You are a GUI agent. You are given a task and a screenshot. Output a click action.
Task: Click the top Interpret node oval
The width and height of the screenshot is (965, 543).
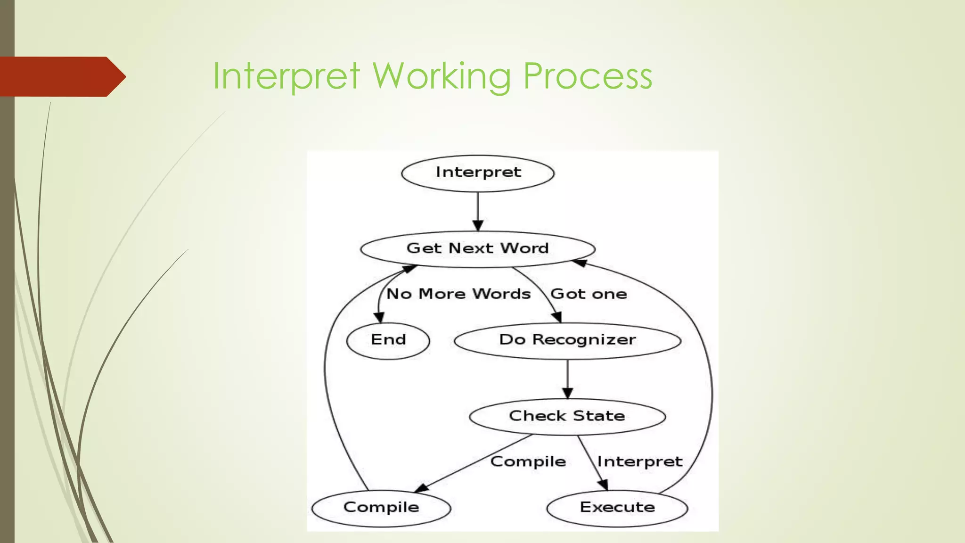[x=478, y=173]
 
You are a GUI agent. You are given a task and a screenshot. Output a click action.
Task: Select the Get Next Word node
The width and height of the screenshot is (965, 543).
[x=478, y=249]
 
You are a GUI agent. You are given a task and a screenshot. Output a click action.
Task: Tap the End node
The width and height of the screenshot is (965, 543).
[x=388, y=340]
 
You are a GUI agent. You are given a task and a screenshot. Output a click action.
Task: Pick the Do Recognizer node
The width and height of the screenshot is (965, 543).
[x=567, y=340]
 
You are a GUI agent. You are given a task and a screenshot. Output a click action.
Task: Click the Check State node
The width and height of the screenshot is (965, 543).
[x=567, y=416]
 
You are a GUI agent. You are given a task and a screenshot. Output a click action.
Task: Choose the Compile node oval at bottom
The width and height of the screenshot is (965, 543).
[x=381, y=508]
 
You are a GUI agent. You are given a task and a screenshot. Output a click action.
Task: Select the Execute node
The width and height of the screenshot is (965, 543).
[x=617, y=508]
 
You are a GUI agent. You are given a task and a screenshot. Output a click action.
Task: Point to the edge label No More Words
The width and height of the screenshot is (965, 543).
[x=458, y=294]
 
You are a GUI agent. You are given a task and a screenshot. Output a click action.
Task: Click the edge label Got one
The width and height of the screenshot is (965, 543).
[x=589, y=294]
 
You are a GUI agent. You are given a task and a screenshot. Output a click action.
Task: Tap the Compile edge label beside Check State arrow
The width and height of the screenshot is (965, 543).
[x=528, y=461]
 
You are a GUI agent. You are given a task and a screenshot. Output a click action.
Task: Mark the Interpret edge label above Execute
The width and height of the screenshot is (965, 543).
[x=640, y=461]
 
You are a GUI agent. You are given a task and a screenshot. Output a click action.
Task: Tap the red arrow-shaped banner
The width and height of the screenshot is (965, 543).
[x=61, y=77]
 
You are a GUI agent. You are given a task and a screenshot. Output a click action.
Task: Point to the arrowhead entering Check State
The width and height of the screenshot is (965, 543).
[x=567, y=393]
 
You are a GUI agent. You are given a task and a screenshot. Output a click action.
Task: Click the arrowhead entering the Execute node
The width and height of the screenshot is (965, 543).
[x=603, y=485]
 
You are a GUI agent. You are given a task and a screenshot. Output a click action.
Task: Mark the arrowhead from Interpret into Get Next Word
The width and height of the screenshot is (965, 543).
[x=478, y=225]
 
